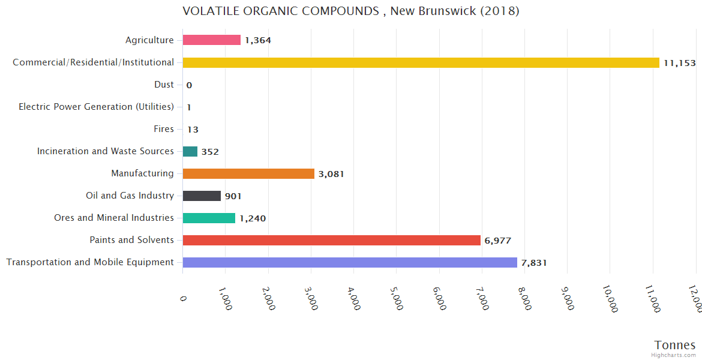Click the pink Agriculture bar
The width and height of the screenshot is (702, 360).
(211, 40)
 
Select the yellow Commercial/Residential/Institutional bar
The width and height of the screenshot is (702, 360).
(421, 62)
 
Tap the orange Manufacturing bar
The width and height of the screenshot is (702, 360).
(248, 173)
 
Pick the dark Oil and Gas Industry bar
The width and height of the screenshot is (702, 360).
(202, 196)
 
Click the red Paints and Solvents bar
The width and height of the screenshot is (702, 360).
(331, 240)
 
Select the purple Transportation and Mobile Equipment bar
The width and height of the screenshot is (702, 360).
(350, 262)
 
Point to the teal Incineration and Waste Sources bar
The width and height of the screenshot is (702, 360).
(190, 151)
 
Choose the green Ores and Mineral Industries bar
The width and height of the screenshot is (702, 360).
(209, 218)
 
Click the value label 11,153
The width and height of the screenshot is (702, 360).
(679, 62)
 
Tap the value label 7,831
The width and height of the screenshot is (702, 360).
(534, 263)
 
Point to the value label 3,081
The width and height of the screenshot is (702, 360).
(331, 174)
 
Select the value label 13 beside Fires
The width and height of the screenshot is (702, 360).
(193, 130)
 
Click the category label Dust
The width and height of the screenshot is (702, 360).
(164, 85)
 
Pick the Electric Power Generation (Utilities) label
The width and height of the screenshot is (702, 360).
(96, 107)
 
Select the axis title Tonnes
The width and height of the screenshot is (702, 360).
(674, 345)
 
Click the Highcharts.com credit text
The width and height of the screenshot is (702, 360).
(674, 355)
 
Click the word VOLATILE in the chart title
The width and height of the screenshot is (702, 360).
(208, 11)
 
